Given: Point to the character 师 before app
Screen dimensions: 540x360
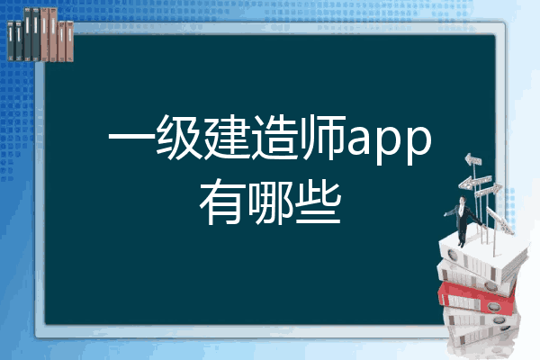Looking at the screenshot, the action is (323, 138).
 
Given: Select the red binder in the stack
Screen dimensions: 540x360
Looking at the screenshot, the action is (477, 298).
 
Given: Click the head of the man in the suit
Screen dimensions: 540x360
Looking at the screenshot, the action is (463, 200).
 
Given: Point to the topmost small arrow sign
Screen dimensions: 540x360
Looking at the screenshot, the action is (472, 159).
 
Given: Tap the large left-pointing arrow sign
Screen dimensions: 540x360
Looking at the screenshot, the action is (474, 182).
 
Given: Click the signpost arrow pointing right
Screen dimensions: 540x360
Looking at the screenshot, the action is (489, 190).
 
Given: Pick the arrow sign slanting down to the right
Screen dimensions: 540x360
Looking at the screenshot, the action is (500, 220).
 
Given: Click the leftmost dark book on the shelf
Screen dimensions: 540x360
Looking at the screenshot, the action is (11, 40).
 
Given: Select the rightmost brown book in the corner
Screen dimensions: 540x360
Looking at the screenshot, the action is (69, 41).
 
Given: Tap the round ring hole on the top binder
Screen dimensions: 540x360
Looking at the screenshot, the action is (453, 256).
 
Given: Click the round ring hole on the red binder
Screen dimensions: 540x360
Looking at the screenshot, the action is (493, 307).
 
